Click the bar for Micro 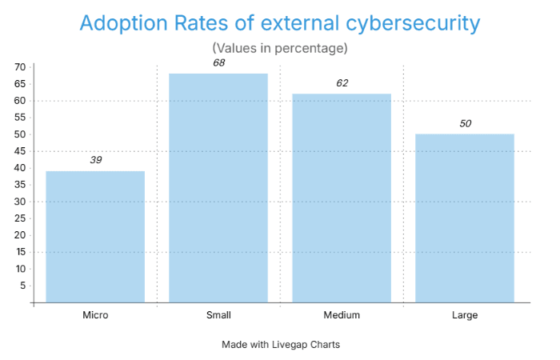pyautogui.click(x=95, y=237)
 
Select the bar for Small pyautogui.click(x=218, y=188)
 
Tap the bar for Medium pyautogui.click(x=342, y=198)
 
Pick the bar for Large pyautogui.click(x=465, y=218)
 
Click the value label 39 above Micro pyautogui.click(x=95, y=160)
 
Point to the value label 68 pyautogui.click(x=218, y=62)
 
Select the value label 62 pyautogui.click(x=342, y=82)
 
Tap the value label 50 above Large pyautogui.click(x=465, y=123)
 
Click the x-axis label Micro pyautogui.click(x=95, y=315)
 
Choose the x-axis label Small pyautogui.click(x=218, y=315)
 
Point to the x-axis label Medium pyautogui.click(x=342, y=315)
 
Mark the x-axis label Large pyautogui.click(x=465, y=315)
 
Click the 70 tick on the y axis pyautogui.click(x=19, y=67)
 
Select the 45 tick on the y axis pyautogui.click(x=19, y=151)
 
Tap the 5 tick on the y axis pyautogui.click(x=22, y=286)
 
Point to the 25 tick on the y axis pyautogui.click(x=19, y=218)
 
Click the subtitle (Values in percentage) pyautogui.click(x=279, y=48)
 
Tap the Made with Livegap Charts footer pyautogui.click(x=281, y=345)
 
